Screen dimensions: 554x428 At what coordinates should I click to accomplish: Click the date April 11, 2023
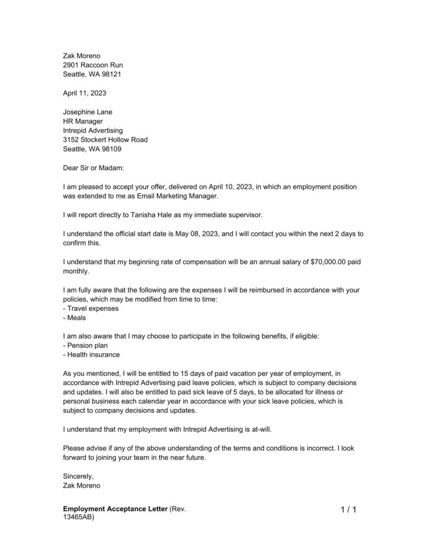(84, 93)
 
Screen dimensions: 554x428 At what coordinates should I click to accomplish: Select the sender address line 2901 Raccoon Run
(93, 65)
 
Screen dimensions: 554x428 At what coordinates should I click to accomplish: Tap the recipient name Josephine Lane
(88, 112)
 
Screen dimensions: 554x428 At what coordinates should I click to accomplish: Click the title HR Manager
(83, 121)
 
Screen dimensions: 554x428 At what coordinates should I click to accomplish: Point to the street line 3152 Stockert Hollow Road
(105, 140)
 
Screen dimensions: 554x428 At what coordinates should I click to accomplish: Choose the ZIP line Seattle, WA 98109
(92, 149)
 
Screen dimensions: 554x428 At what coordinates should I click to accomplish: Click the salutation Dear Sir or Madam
(94, 168)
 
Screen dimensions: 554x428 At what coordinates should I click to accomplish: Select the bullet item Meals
(75, 318)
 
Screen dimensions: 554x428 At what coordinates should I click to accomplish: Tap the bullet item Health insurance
(91, 355)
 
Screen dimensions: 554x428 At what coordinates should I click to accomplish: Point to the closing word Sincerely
(78, 476)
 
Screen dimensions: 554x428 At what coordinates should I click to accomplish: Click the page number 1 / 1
(348, 510)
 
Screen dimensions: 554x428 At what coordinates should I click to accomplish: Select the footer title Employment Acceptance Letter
(115, 509)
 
